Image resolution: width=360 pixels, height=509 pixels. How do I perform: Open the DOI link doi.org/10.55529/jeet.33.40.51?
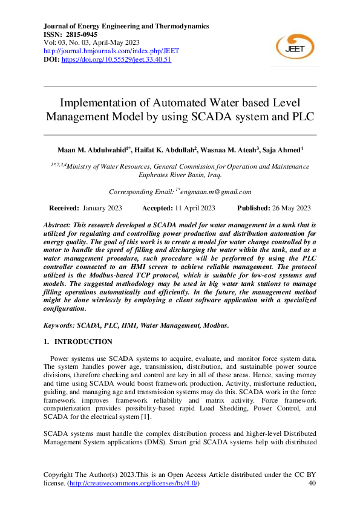coord(117,60)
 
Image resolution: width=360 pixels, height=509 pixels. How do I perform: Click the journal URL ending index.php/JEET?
coord(111,51)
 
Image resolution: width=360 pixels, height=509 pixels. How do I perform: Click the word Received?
coord(64,208)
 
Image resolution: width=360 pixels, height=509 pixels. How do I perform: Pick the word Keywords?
coord(59,326)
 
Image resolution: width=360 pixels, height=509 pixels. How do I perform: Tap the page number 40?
coord(312,484)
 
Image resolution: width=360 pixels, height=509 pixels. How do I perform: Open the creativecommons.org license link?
coord(133,484)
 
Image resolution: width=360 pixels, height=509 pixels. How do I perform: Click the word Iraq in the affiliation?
coord(214,175)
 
